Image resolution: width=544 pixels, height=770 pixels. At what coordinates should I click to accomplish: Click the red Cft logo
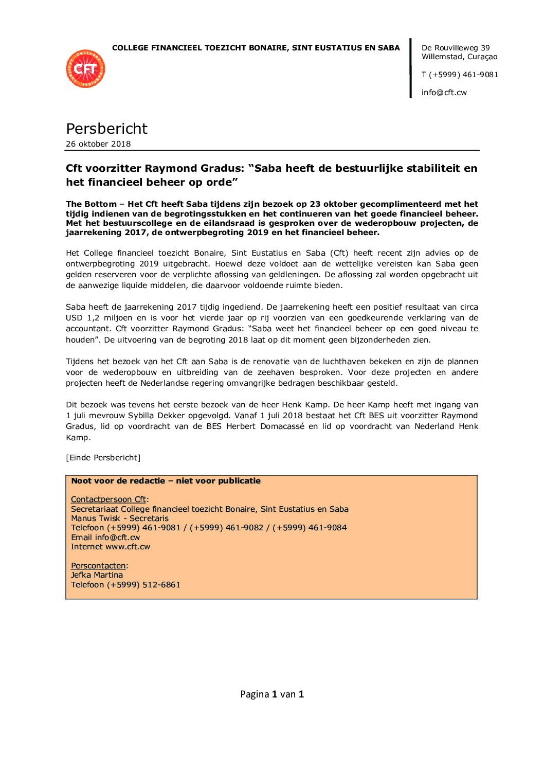coord(85,68)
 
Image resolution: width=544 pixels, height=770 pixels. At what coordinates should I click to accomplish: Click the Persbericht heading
coord(106,129)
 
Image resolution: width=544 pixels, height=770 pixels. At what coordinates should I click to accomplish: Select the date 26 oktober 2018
coord(98,144)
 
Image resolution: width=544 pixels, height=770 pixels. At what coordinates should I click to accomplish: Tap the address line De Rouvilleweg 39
coord(456,48)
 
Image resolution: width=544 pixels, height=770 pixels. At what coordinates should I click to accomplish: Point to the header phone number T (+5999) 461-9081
coord(460,75)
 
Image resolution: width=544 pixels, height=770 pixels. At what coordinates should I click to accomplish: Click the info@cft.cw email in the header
coord(444,93)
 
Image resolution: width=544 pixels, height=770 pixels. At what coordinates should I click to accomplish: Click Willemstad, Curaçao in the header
coord(459,57)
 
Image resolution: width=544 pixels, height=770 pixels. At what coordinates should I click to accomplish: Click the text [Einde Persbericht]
coord(103,458)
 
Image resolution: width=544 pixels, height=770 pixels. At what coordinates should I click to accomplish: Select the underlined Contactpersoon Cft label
coord(108,499)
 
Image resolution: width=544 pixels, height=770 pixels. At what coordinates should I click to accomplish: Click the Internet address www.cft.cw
coord(128,547)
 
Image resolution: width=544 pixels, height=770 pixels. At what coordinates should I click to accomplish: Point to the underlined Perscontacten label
coord(98,566)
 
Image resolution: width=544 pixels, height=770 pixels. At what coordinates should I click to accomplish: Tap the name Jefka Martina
coord(97,575)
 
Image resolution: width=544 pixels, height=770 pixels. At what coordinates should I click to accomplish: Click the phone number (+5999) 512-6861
coord(143,585)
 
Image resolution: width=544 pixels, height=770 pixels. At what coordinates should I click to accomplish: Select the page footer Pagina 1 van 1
coord(272,694)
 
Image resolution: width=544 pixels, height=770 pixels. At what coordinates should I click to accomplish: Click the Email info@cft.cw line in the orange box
coord(105,538)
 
